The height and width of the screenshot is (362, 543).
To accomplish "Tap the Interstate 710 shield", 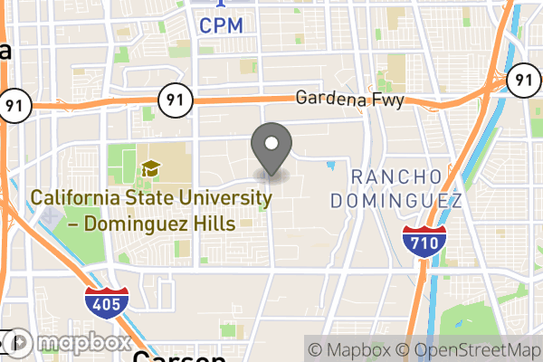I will point(424,240).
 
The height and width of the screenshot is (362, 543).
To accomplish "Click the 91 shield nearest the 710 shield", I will point(520,81).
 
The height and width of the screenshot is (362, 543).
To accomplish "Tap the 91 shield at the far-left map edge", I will point(11,104).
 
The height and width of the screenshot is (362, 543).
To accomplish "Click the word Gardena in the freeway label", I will point(327,98).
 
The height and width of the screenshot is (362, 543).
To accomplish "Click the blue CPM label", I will point(222,25).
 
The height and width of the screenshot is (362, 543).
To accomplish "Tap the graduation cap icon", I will point(151,169).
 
